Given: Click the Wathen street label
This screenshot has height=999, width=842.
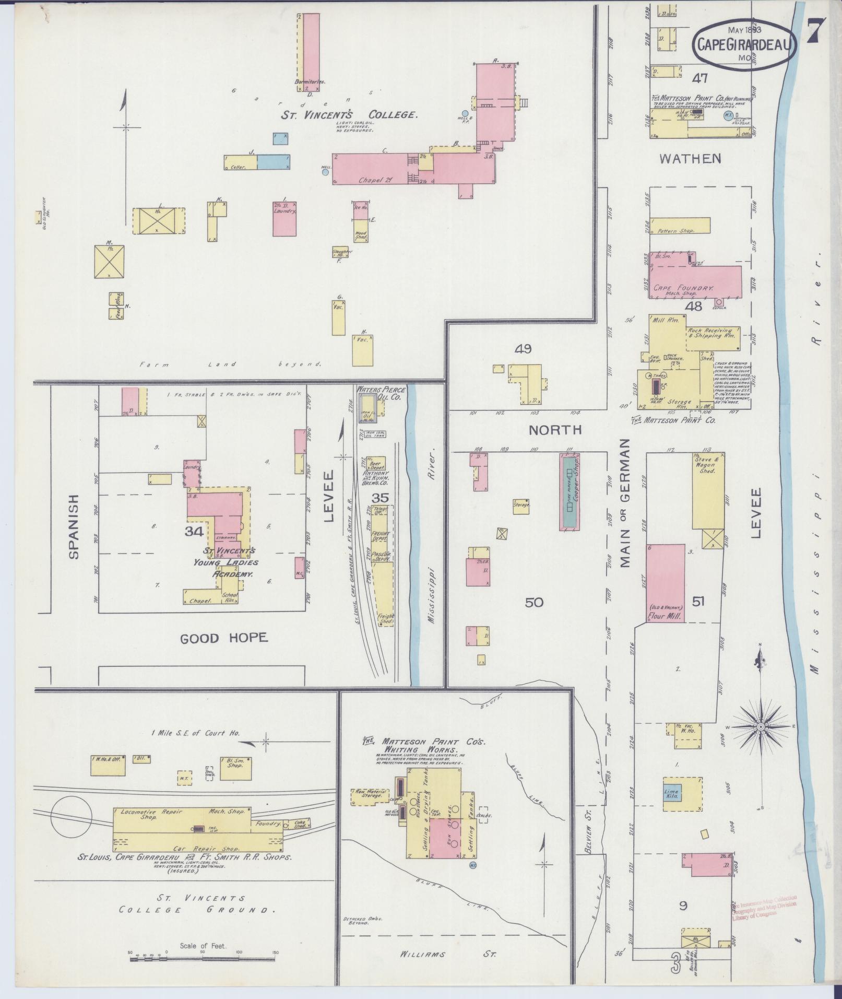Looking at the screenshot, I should coord(690,159).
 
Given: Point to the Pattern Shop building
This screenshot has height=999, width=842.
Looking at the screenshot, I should coord(680,225).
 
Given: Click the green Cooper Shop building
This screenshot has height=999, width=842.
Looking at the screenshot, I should coord(570,492).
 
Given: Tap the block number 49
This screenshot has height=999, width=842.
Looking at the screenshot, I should coord(523,349).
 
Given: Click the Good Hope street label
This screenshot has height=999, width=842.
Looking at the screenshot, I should coord(223,638).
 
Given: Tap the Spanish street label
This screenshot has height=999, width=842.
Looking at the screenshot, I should coord(73,526).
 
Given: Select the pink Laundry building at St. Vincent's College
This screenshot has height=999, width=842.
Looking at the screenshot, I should coord(285,218).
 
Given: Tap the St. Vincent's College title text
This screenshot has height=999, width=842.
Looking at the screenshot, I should coord(349,115).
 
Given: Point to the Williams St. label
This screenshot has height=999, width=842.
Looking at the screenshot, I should coord(448,954).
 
